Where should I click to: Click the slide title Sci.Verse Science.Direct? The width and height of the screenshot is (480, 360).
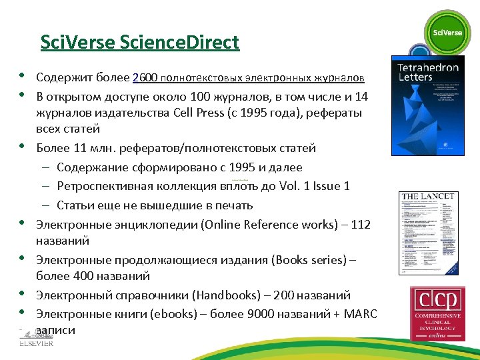point(139,43)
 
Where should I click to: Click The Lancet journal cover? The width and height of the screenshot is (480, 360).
point(427,233)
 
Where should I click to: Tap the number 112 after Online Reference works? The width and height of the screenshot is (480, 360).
point(360,225)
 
